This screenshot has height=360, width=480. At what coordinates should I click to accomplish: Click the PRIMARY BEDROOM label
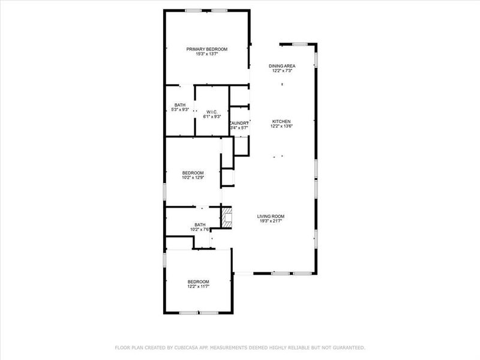(x=207, y=49)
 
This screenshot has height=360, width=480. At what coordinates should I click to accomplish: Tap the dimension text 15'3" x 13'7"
(x=207, y=54)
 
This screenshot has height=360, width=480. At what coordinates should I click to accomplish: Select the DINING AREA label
(x=282, y=66)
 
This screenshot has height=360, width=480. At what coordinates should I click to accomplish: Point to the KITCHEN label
(x=282, y=121)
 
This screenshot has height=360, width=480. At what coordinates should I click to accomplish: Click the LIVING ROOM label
(x=271, y=216)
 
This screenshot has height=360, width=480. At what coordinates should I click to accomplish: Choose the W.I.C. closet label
(x=211, y=112)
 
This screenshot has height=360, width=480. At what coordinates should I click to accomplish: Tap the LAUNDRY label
(x=239, y=122)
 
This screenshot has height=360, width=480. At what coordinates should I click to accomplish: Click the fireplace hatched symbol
(x=226, y=217)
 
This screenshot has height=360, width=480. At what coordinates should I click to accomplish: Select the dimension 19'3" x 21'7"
(x=271, y=221)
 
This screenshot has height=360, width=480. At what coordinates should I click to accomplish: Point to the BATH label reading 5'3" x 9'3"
(x=180, y=104)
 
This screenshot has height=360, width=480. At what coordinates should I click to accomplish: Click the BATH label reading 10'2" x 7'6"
(x=200, y=224)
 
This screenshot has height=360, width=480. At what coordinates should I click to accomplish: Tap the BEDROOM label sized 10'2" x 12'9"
(x=193, y=172)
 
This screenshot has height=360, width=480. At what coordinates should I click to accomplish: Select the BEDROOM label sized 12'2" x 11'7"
(x=198, y=281)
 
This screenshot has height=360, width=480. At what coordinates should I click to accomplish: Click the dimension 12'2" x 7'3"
(x=282, y=71)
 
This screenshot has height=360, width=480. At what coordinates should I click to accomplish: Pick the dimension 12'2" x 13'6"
(x=282, y=126)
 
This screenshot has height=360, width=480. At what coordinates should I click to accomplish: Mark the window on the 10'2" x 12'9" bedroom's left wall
(x=165, y=191)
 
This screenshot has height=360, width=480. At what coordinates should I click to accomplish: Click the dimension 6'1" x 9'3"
(x=211, y=116)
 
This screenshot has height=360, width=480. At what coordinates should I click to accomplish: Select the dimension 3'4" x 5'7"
(x=239, y=127)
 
